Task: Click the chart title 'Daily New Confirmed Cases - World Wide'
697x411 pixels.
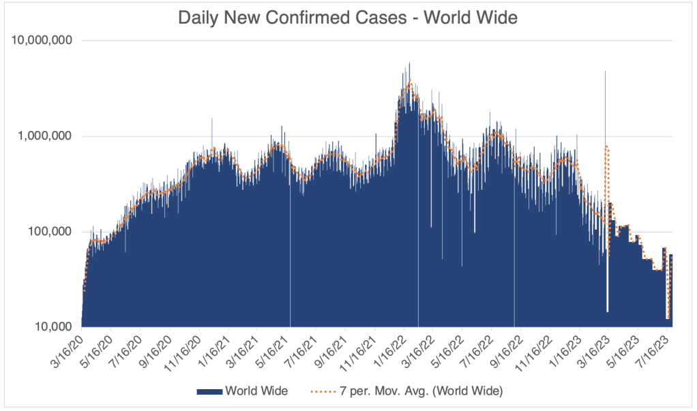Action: point(348,18)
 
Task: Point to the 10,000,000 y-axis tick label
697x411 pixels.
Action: point(42,40)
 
